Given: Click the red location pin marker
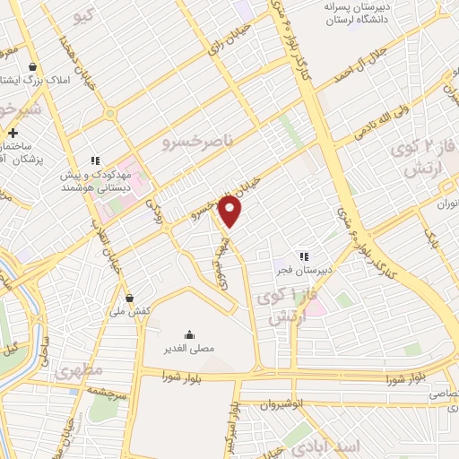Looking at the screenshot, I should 230,211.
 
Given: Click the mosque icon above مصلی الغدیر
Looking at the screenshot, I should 187,330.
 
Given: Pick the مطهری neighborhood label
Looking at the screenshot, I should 79,370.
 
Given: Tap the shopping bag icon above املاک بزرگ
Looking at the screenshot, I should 33,67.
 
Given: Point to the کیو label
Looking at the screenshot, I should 85,16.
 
